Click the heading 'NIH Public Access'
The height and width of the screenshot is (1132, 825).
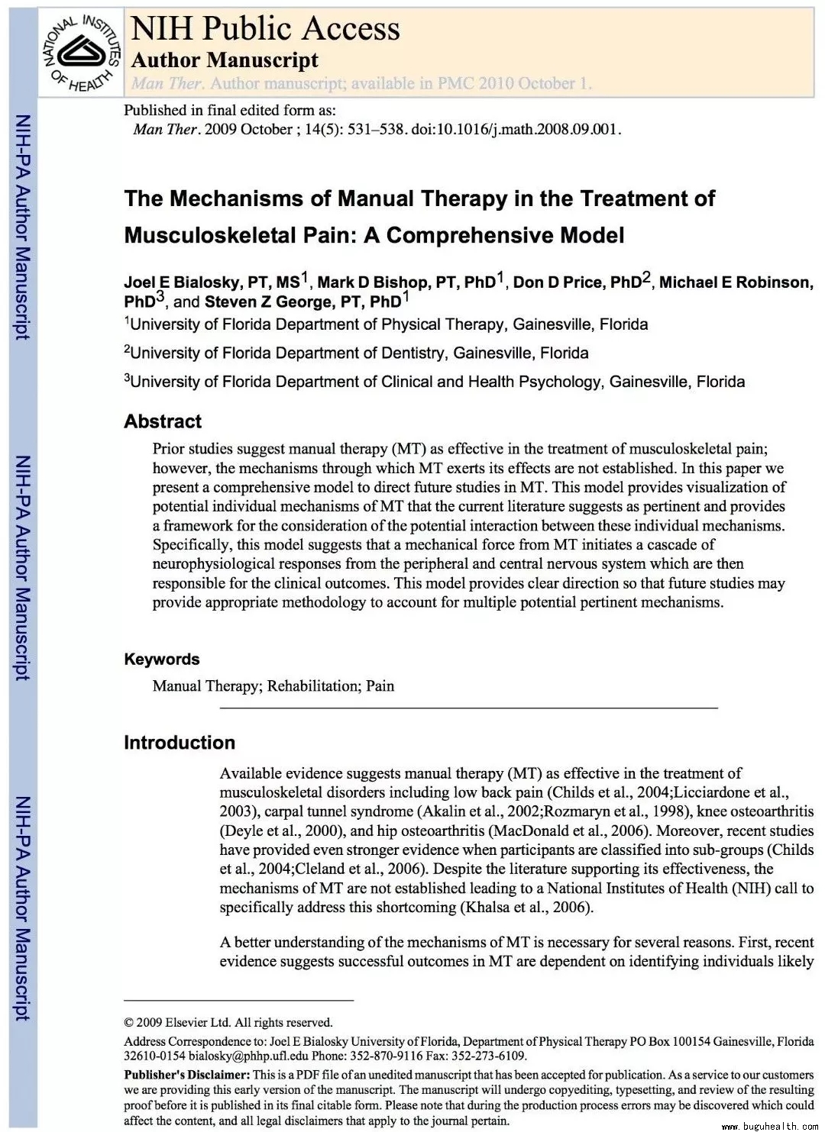pyautogui.click(x=265, y=29)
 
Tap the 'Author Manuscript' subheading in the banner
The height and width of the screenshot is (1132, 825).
pyautogui.click(x=225, y=60)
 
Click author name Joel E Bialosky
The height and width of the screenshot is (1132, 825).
pyautogui.click(x=183, y=282)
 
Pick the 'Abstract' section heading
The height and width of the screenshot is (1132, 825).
pyautogui.click(x=163, y=421)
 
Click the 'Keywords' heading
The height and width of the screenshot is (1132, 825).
pyautogui.click(x=161, y=659)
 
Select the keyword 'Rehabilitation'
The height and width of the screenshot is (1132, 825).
pyautogui.click(x=312, y=685)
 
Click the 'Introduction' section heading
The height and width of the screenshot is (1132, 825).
pyautogui.click(x=180, y=743)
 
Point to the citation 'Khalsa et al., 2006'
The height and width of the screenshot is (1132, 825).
pyautogui.click(x=525, y=908)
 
